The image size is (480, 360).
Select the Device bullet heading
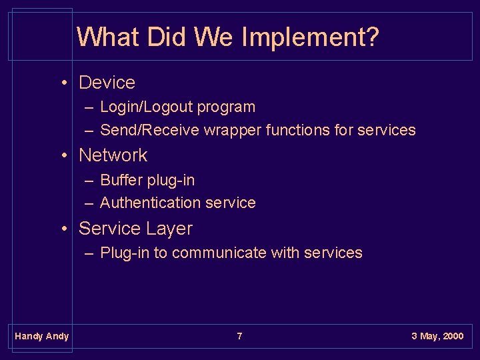(107, 83)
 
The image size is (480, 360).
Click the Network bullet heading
(113, 155)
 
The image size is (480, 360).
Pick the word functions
(297, 130)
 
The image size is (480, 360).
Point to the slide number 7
(240, 336)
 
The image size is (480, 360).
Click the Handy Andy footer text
(41, 336)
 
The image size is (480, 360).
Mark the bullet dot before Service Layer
(65, 229)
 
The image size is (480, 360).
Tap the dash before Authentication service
(89, 203)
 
